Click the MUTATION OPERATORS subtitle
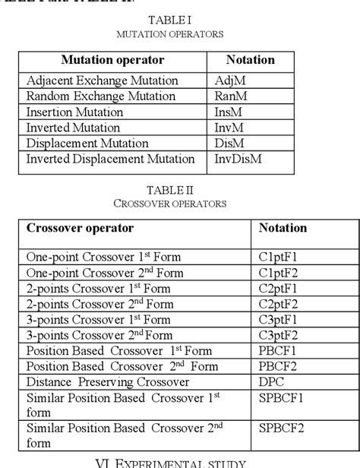(179, 35)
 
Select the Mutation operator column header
(112, 59)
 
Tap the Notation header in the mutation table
(250, 59)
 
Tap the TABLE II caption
(179, 191)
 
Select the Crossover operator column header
(80, 228)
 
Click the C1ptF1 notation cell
(277, 257)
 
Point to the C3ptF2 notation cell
(277, 335)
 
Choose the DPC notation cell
(271, 382)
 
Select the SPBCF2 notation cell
(281, 429)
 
